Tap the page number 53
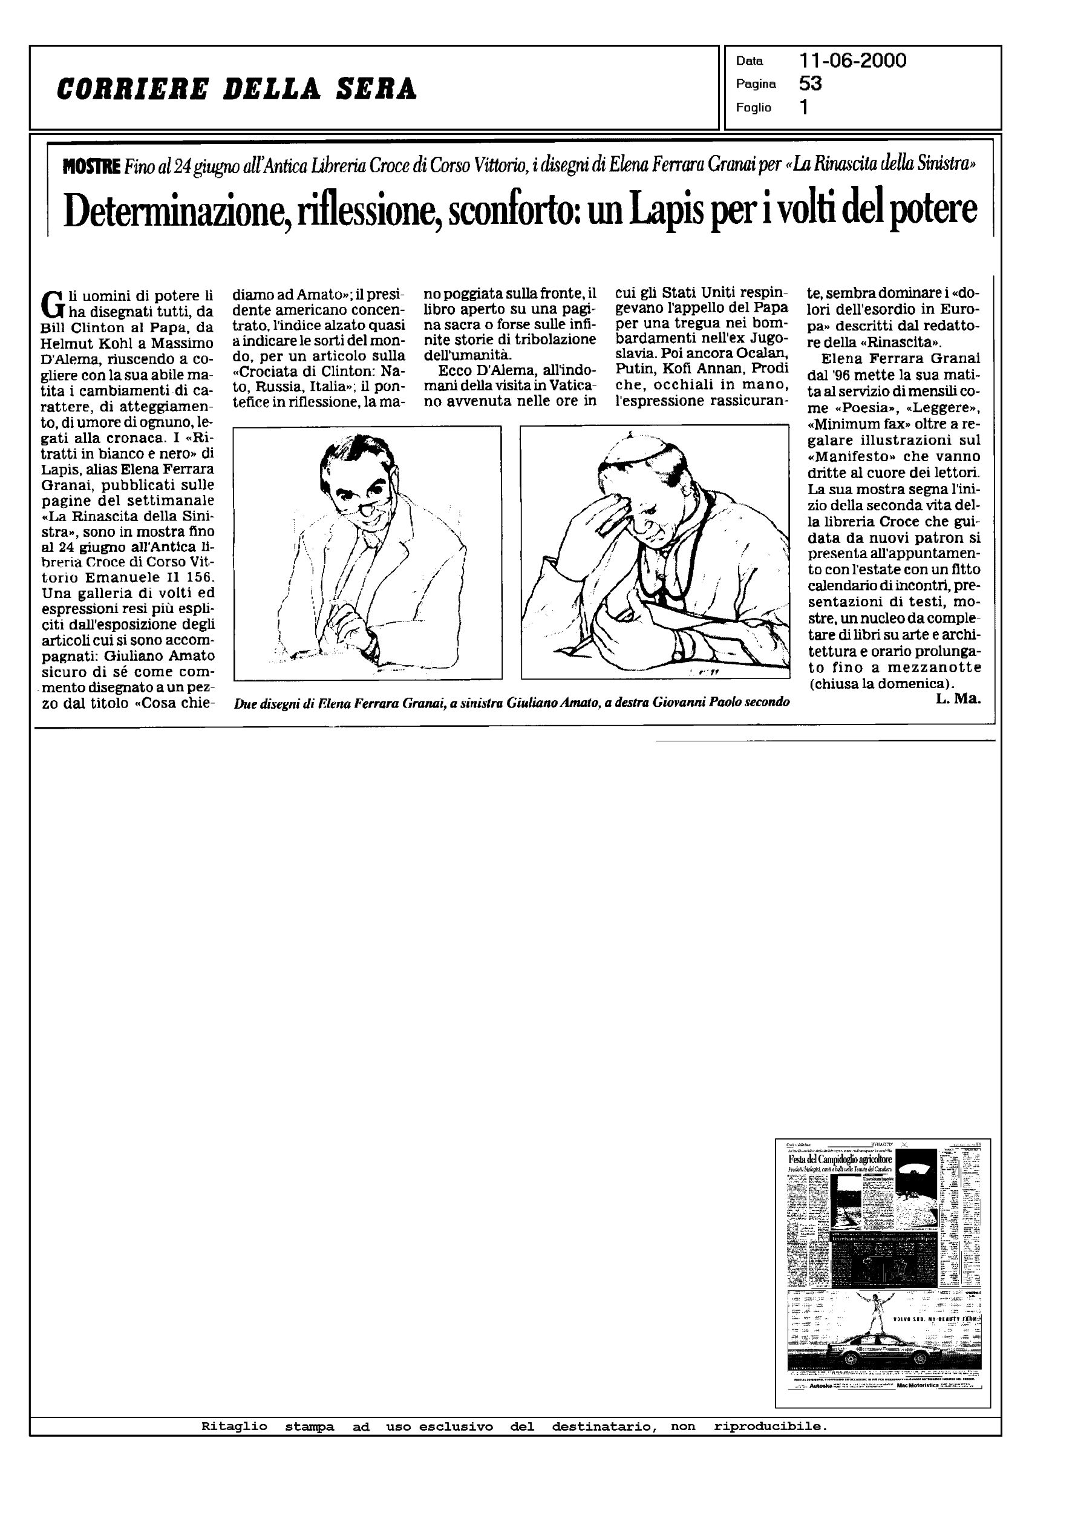pos(811,84)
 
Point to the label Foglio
pos(753,108)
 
